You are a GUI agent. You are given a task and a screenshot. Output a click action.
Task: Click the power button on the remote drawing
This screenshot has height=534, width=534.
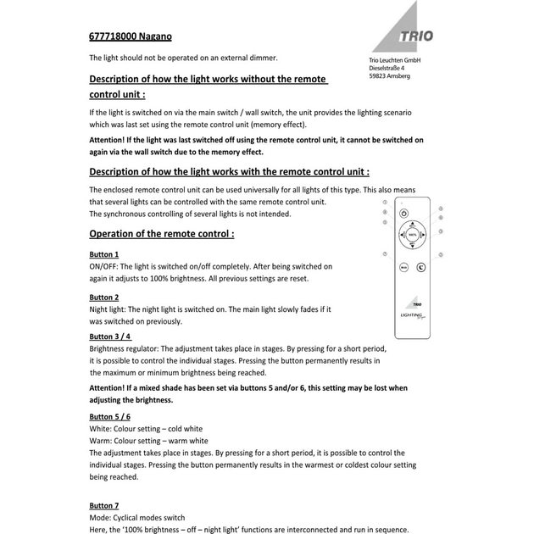pos(403,214)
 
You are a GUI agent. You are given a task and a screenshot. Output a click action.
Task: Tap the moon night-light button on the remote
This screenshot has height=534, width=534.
pos(421,266)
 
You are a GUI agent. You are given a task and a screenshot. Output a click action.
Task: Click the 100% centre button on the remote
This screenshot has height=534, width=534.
pos(412,235)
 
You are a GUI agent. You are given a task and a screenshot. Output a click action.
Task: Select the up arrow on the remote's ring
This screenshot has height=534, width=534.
pos(412,224)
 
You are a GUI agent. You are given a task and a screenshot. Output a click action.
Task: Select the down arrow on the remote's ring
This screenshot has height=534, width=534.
pos(412,246)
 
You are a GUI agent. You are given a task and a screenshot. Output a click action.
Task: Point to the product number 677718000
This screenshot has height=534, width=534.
pos(114,36)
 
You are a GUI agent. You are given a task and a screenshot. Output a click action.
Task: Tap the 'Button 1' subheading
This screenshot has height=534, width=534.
pos(104,254)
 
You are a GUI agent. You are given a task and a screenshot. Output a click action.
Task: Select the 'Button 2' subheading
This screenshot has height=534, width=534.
pos(104,298)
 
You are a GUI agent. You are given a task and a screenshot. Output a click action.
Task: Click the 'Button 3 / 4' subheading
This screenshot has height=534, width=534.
pos(110,337)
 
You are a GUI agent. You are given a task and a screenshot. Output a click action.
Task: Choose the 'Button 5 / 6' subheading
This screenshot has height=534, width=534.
pos(110,416)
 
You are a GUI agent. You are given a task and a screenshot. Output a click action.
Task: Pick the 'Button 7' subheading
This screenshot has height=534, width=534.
pos(104,505)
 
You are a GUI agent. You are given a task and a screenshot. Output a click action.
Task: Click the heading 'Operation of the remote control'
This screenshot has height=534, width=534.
pos(161,233)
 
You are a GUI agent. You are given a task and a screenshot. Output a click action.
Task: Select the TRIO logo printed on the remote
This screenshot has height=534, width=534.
pos(417,302)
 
